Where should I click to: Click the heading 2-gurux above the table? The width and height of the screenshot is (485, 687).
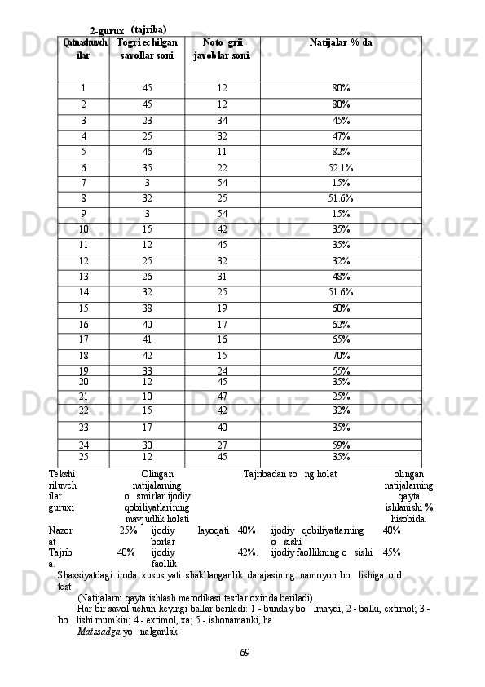click(x=107, y=30)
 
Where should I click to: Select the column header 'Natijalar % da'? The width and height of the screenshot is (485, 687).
click(x=342, y=42)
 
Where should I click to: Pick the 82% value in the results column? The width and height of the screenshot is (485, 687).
click(x=341, y=151)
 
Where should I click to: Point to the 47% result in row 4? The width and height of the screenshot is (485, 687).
click(x=341, y=135)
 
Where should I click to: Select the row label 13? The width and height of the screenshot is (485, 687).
click(x=83, y=276)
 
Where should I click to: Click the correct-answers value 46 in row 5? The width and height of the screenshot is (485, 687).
click(x=147, y=151)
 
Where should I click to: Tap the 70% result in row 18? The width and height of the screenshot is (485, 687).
click(x=341, y=355)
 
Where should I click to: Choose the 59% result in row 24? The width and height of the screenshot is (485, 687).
click(x=341, y=445)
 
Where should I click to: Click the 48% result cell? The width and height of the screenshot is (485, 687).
click(x=341, y=276)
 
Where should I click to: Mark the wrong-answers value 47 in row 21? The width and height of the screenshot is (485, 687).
click(x=223, y=397)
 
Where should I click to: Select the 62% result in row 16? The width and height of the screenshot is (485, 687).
click(x=341, y=324)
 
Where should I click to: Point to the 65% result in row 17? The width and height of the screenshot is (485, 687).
click(x=341, y=339)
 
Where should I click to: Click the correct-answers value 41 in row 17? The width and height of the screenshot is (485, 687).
click(x=147, y=339)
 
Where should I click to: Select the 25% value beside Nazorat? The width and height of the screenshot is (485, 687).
click(x=128, y=530)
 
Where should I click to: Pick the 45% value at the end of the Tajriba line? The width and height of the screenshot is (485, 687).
click(x=391, y=552)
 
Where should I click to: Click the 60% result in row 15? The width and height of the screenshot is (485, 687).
click(x=341, y=308)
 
